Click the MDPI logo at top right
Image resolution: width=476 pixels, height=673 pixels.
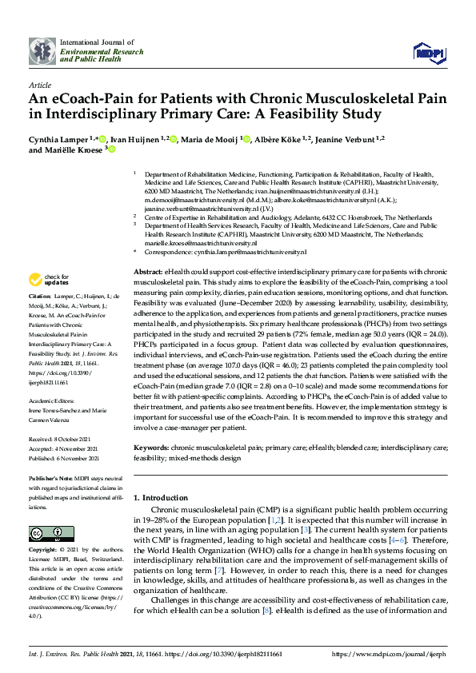(428, 51)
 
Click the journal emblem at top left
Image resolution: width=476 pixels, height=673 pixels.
(42, 50)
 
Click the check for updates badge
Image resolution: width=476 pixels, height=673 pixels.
(47, 280)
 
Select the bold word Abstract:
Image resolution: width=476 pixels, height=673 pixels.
(148, 273)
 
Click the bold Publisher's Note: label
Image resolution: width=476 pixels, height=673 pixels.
(52, 477)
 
